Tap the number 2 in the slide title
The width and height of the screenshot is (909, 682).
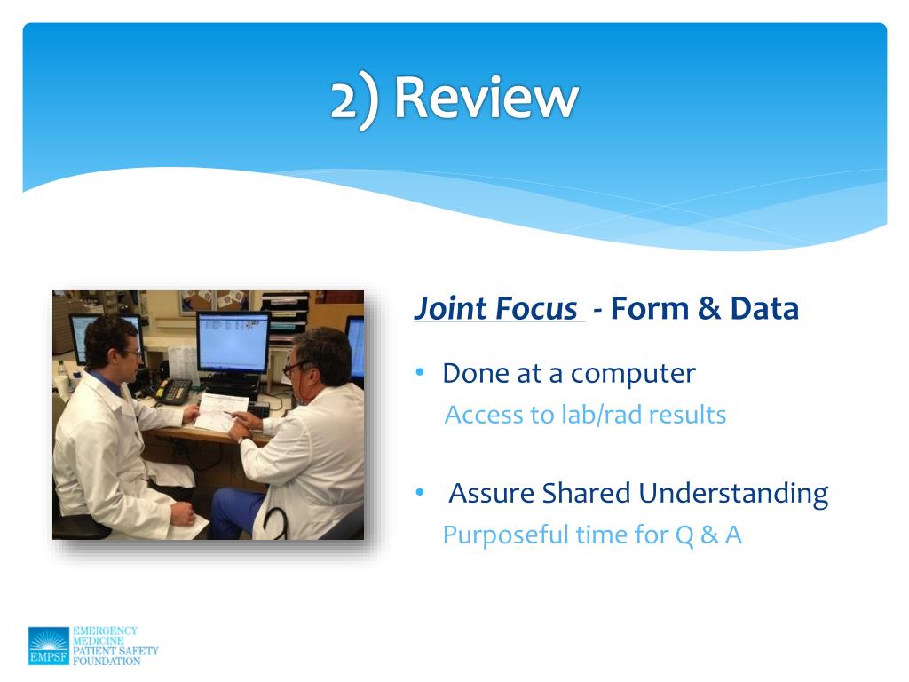344,99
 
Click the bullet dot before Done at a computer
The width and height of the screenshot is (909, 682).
420,372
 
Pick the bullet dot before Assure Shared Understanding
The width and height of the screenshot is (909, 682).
420,492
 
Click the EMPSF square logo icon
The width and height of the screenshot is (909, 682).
49,646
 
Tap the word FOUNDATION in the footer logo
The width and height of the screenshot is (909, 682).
107,661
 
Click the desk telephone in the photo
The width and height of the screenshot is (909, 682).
174,391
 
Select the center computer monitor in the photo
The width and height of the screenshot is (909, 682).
233,344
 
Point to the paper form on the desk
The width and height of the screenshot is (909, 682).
221,411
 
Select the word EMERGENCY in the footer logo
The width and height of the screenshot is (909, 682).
105,630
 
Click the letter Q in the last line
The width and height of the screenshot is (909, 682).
684,535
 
